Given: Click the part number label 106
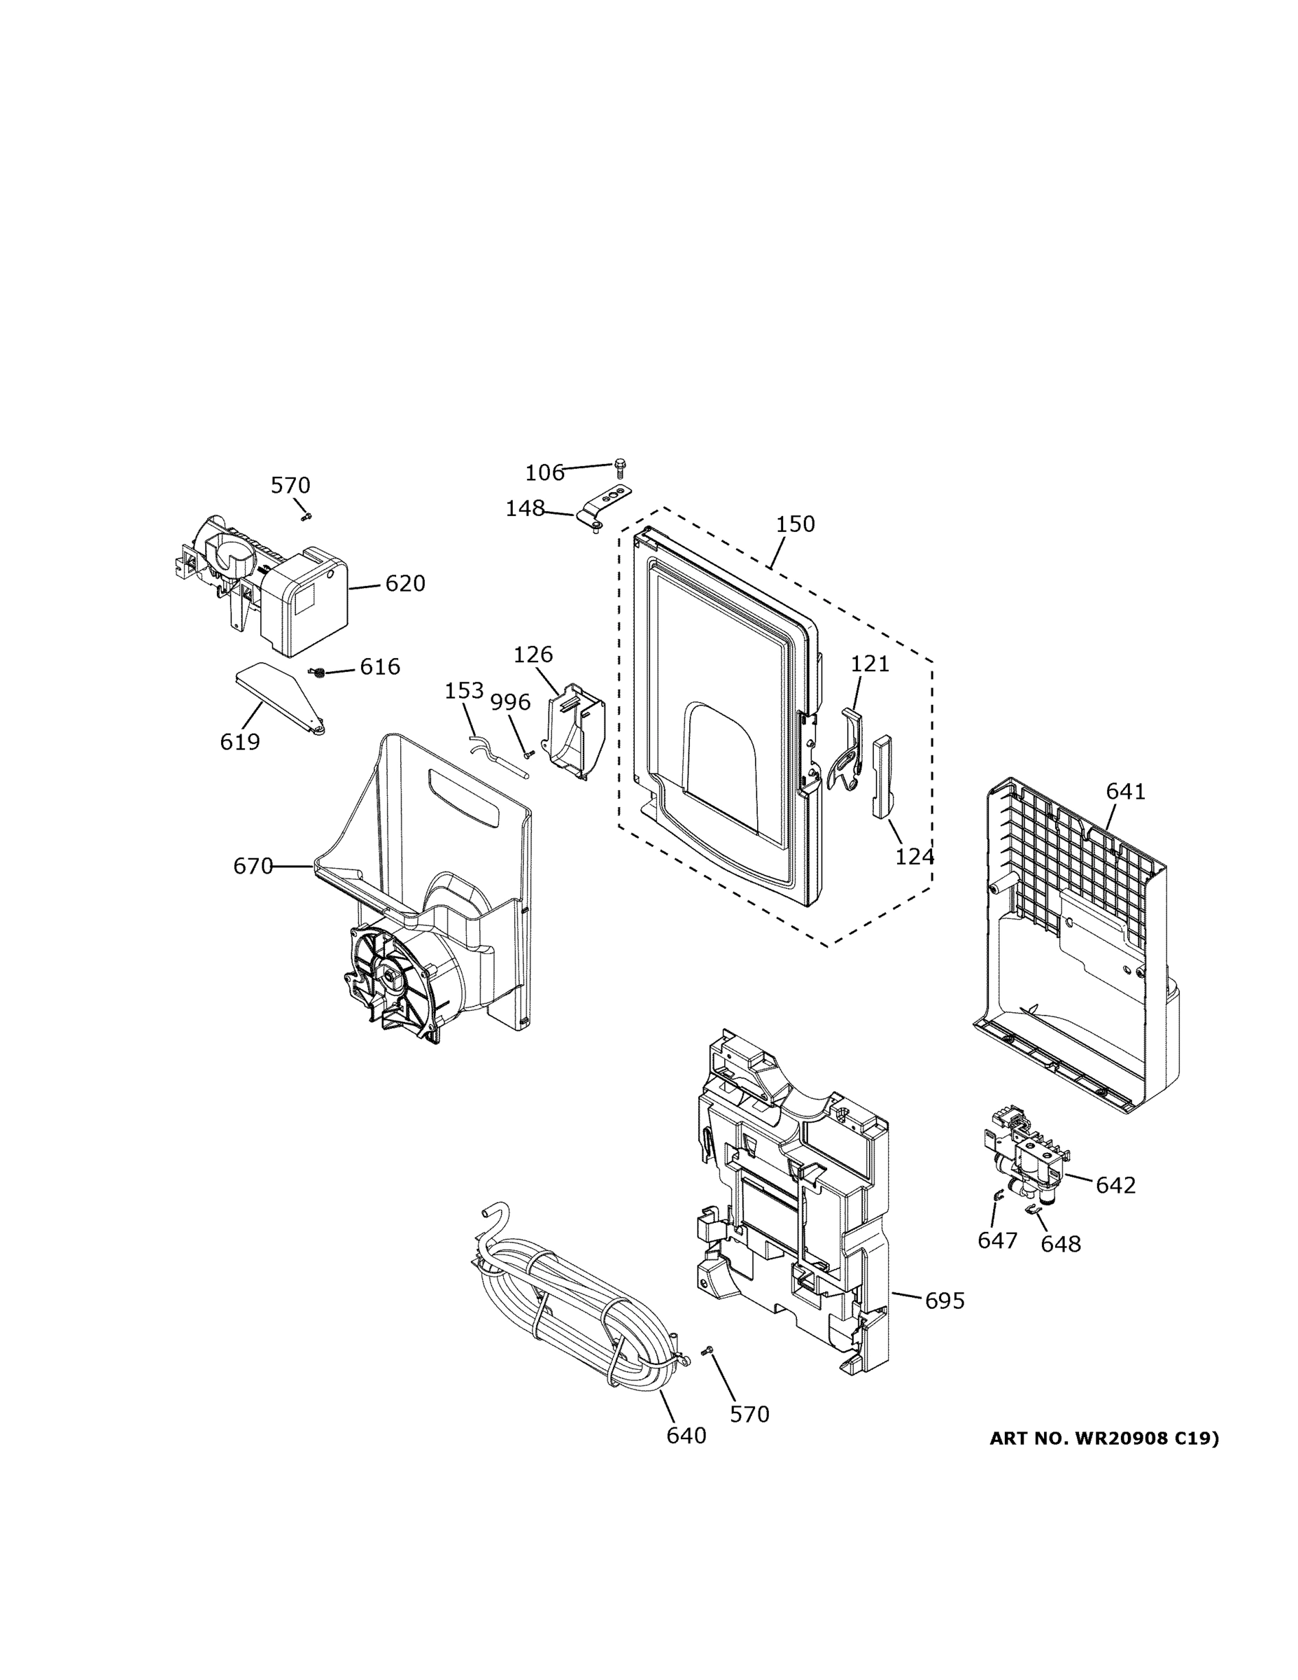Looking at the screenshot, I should coord(544,472).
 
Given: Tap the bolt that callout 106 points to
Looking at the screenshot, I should coord(620,465).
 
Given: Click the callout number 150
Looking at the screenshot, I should coord(794,524).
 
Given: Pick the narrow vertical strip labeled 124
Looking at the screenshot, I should coord(881,775).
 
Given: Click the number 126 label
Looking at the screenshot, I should coord(533,654).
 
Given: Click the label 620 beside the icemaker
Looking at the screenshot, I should coord(404,584).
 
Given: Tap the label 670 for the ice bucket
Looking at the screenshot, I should coord(253,866).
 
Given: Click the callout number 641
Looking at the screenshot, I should coord(1125,791).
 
